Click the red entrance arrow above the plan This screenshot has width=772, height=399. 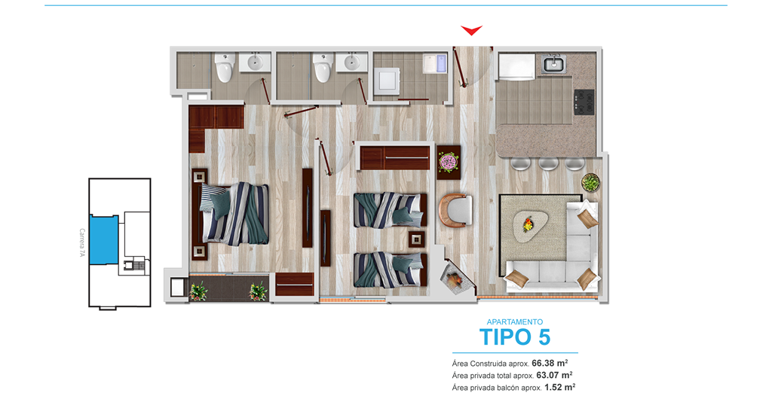click(471, 30)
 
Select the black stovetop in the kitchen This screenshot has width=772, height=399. click(584, 102)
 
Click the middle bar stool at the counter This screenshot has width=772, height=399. click(548, 163)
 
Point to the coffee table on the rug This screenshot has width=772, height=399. click(530, 225)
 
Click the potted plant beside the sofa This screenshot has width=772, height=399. click(590, 183)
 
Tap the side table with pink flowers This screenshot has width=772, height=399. click(449, 162)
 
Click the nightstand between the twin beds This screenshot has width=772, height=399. click(416, 239)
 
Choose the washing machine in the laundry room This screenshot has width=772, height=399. click(386, 81)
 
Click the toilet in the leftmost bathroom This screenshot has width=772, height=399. click(225, 68)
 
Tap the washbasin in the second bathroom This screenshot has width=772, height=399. click(351, 63)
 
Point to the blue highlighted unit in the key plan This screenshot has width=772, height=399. click(104, 239)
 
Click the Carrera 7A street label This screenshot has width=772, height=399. click(81, 242)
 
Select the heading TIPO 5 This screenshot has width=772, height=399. click(515, 337)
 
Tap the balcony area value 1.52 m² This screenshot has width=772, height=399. click(560, 387)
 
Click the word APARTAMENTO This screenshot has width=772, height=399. click(515, 322)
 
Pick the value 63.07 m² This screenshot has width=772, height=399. click(554, 376)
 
